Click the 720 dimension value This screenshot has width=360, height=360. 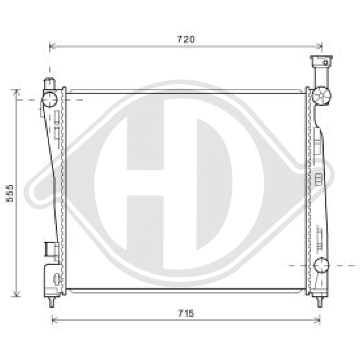point(185,39)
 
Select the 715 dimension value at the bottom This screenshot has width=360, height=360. point(185,313)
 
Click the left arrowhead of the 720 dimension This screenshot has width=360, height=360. point(51,46)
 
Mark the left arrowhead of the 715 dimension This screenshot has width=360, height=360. point(54,319)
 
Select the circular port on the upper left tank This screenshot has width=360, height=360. point(50,99)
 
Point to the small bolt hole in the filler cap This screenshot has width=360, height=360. point(325,63)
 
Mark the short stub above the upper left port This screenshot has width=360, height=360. point(49,84)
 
